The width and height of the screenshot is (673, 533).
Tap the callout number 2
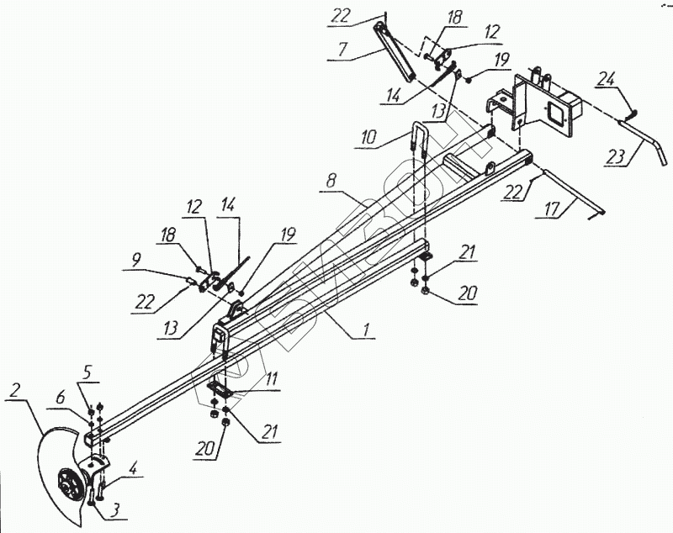pos(14,392)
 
